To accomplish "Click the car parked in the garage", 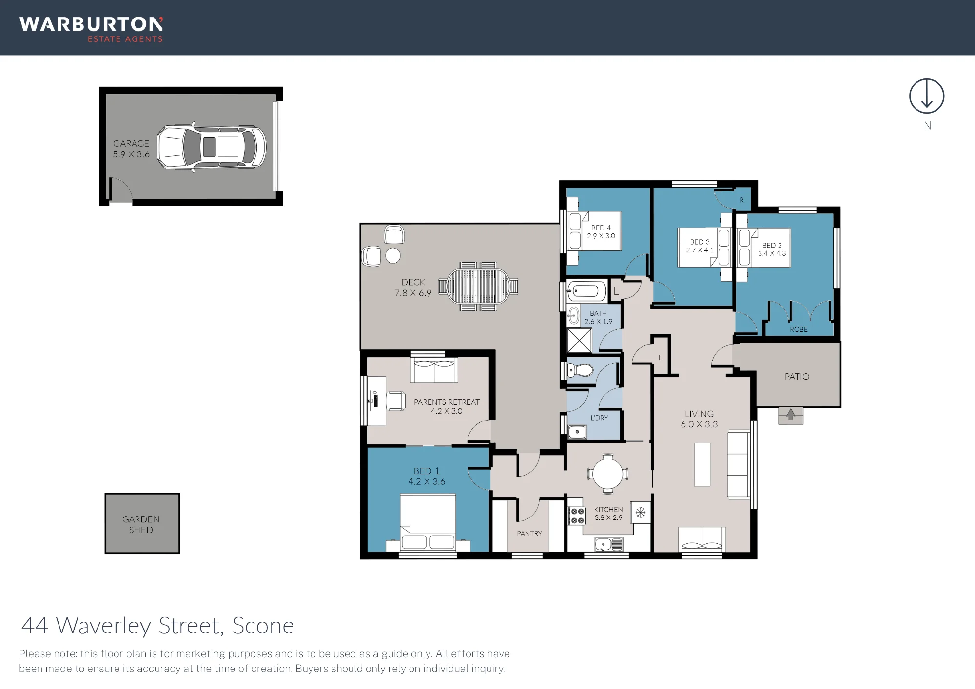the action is (212, 147).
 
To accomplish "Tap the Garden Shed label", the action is (141, 524).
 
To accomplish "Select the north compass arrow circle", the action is (927, 96).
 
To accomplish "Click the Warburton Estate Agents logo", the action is (91, 29).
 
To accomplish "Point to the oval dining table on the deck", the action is (478, 287).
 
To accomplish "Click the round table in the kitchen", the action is (607, 474).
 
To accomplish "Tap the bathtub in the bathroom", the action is (586, 291).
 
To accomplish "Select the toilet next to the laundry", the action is (580, 370).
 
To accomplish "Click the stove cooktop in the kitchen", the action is (577, 516).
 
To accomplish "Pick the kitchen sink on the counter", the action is (609, 544).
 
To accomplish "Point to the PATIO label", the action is (797, 376).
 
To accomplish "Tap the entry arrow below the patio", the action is (791, 415).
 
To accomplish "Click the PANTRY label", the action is (529, 533).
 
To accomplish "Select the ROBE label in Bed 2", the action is (799, 329).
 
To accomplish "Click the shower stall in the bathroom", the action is (579, 340).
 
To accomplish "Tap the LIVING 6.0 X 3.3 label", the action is (699, 419).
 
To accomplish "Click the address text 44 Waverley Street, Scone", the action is (158, 626).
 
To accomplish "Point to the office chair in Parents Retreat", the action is (396, 401).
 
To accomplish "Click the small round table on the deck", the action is (393, 255).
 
